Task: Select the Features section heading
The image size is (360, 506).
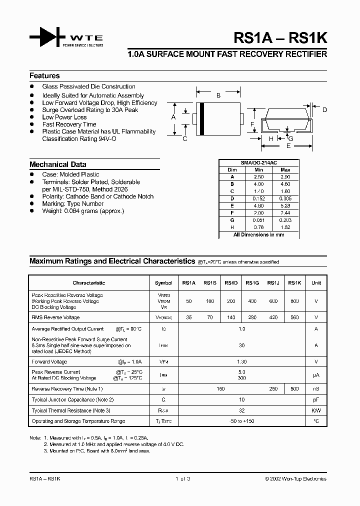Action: point(44,76)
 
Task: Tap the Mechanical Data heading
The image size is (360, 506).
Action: point(57,164)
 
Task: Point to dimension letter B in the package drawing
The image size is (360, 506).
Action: point(218,95)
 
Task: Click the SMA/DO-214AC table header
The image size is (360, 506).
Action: point(259,163)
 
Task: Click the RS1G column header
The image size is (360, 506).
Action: point(252,283)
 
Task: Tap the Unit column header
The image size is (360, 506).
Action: point(316,283)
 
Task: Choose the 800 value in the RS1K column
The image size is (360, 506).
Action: point(294,301)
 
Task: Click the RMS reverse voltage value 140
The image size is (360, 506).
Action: point(230,317)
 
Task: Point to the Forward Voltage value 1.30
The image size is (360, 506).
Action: point(242,361)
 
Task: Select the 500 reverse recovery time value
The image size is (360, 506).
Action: point(294,388)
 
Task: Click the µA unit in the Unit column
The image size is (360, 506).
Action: point(316,375)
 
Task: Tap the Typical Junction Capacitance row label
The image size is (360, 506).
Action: point(73,399)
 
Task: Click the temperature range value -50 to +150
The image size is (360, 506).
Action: point(242,421)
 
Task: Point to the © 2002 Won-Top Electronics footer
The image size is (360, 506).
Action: point(295,478)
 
